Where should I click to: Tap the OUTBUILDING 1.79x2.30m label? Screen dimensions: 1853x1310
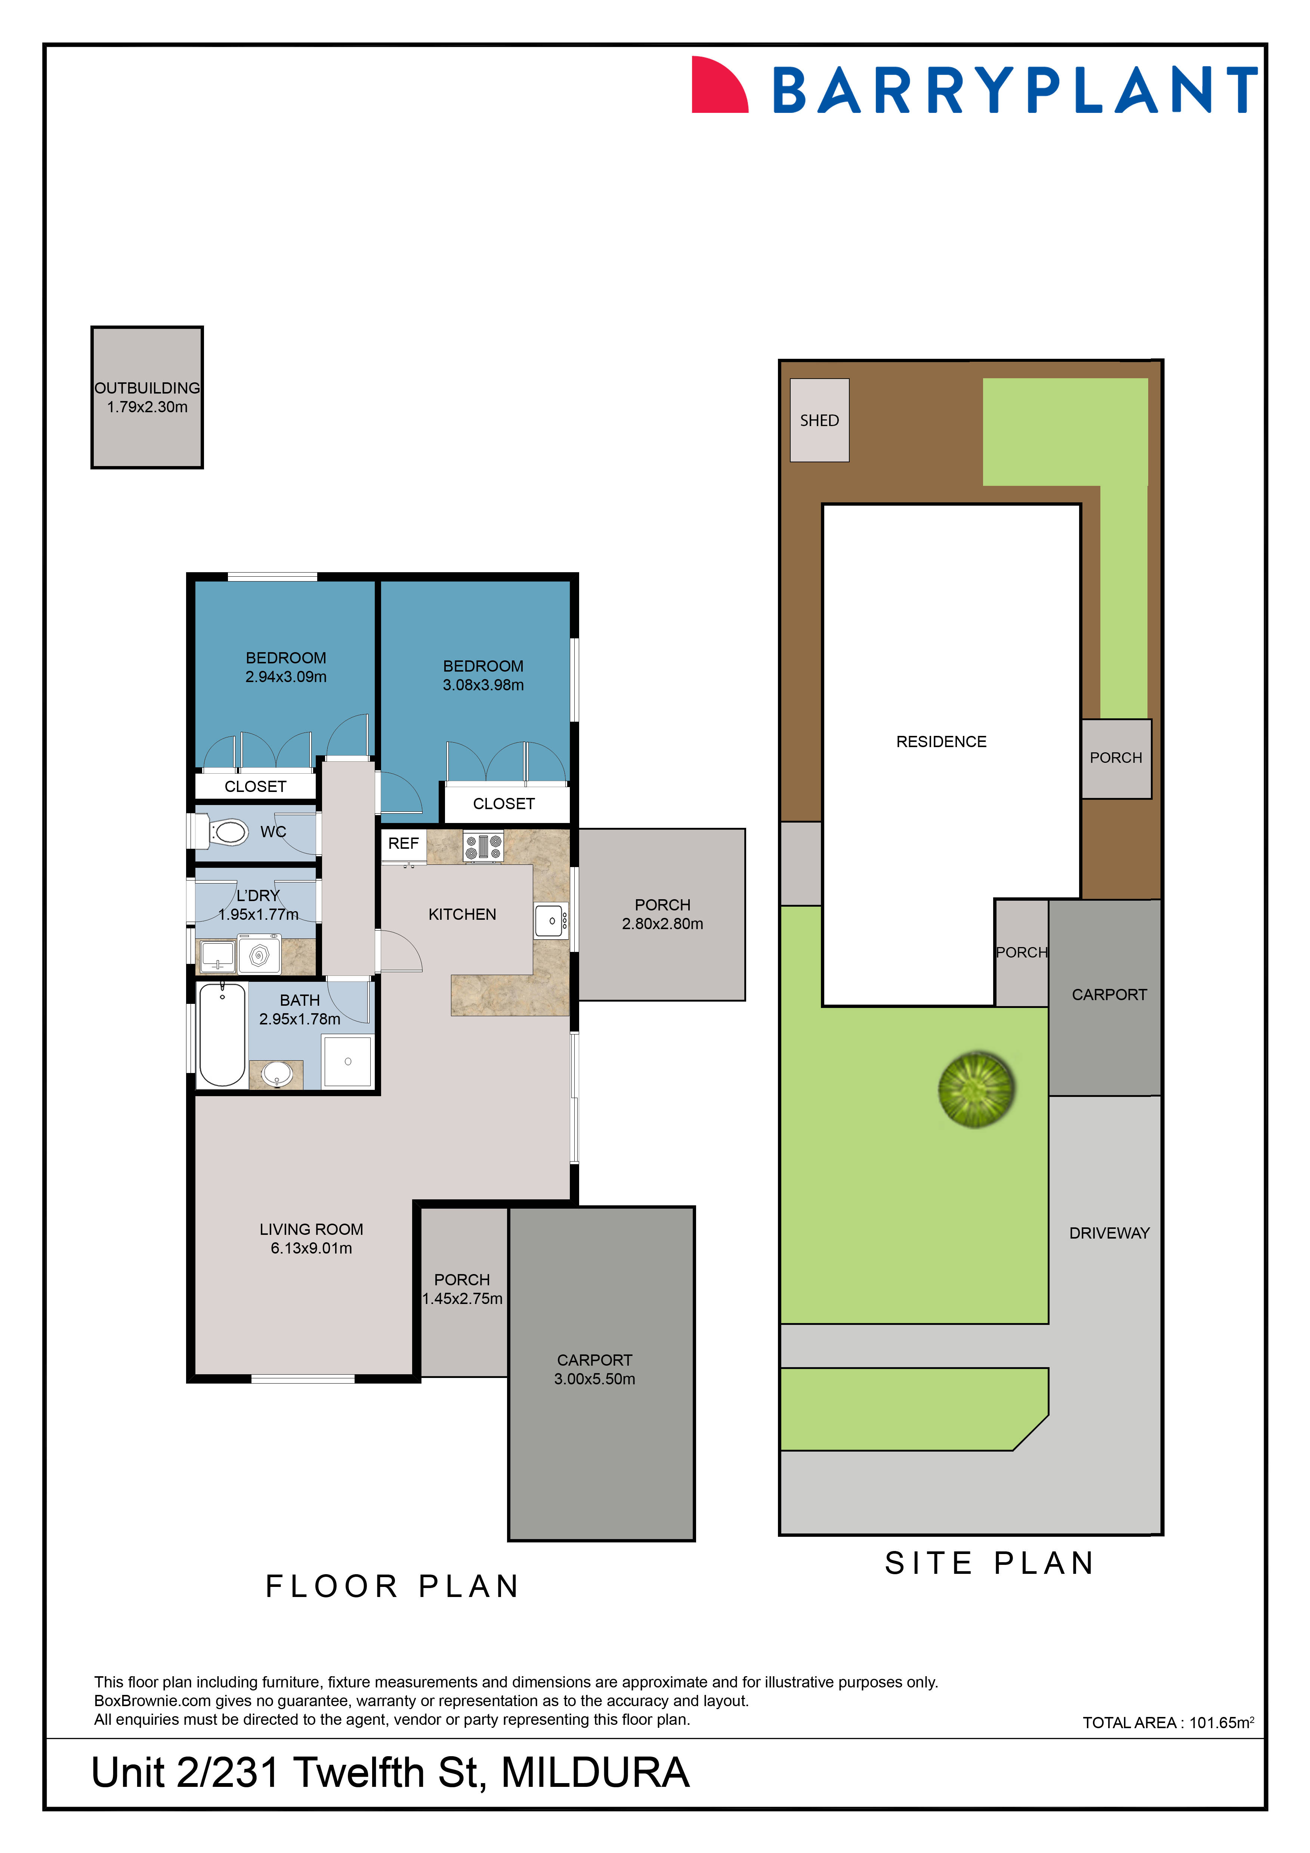point(147,397)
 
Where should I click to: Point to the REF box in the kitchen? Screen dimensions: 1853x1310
point(403,844)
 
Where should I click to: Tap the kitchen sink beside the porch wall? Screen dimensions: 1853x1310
point(551,921)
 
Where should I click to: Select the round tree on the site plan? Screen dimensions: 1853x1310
point(976,1089)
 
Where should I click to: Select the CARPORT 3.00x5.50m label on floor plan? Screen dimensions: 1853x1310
point(594,1370)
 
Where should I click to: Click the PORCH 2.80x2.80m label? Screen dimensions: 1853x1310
point(662,915)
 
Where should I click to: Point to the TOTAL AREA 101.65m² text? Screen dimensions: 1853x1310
point(1167,1722)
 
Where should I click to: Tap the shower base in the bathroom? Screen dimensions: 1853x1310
point(347,1061)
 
